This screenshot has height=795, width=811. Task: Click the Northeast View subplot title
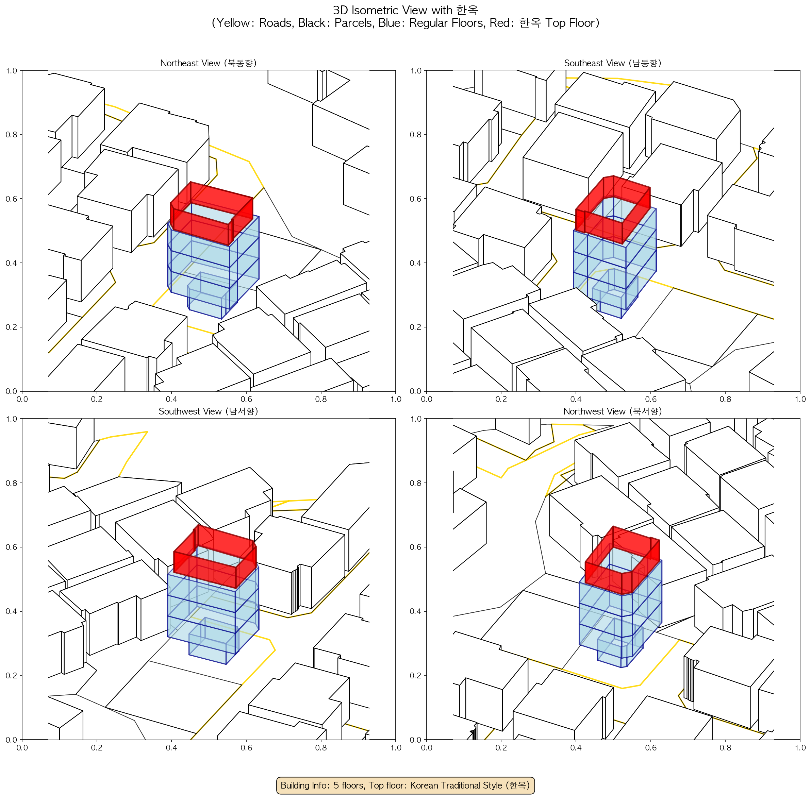coord(208,63)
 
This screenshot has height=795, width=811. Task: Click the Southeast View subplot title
coord(613,63)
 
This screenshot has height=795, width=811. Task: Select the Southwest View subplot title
coord(208,411)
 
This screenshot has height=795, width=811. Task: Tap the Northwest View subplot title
coord(613,411)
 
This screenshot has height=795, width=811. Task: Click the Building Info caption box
coord(405,785)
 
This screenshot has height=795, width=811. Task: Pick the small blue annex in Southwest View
coord(213,641)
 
